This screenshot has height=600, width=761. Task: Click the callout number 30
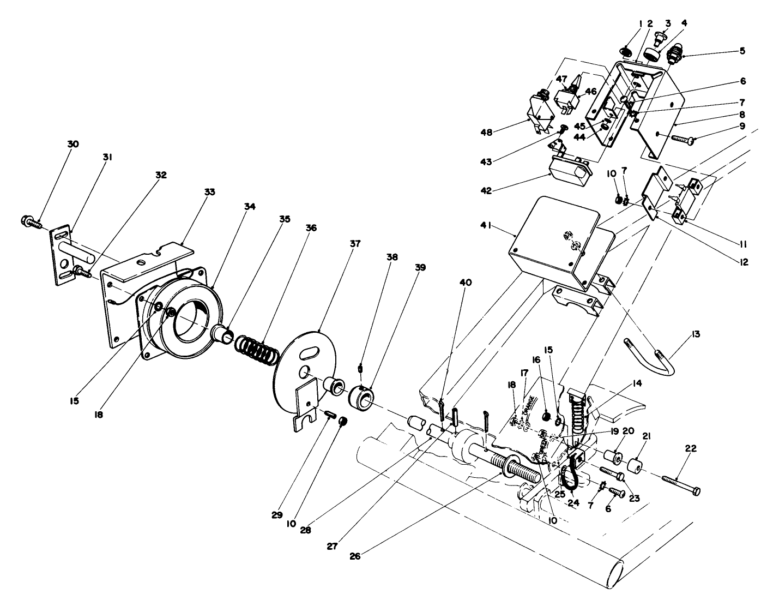73,144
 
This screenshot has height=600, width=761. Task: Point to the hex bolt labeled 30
31,221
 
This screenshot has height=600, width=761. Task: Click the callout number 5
742,52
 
